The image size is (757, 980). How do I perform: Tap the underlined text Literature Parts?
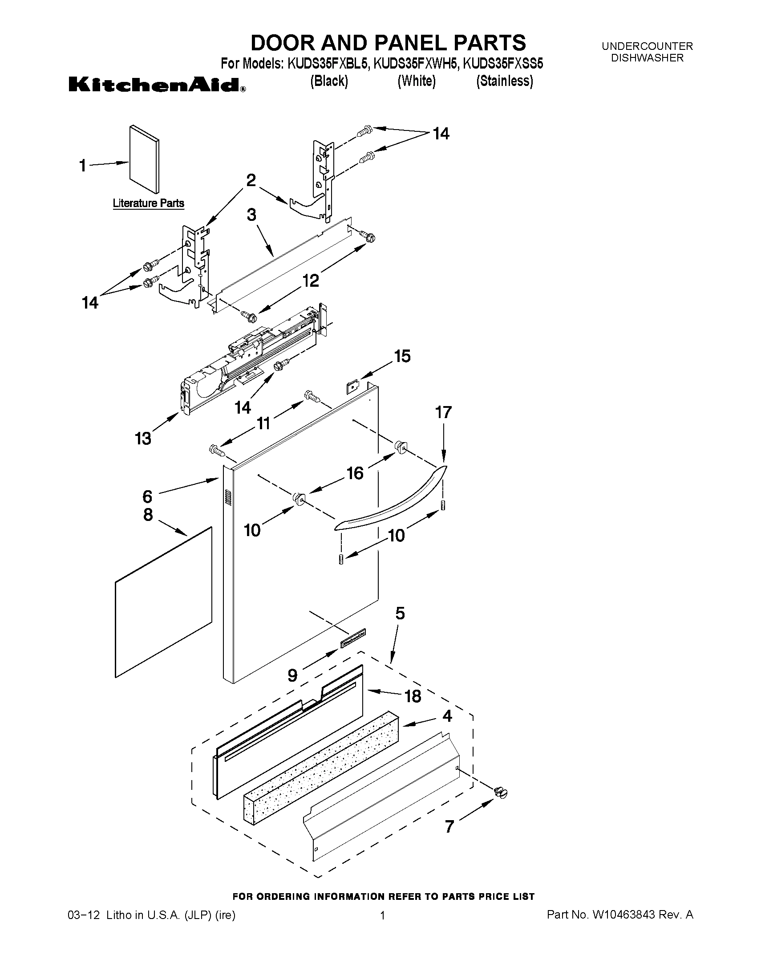point(149,203)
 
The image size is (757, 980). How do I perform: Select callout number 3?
point(251,215)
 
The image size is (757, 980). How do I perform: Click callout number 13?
point(143,439)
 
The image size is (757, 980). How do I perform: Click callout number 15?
point(402,356)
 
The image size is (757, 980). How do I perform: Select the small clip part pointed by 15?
point(353,386)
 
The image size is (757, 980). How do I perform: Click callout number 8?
point(148,514)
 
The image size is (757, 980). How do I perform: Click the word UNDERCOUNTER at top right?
point(647,46)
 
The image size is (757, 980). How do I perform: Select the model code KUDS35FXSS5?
point(502,64)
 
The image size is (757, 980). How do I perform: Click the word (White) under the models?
point(417,81)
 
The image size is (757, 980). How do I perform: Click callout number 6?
point(148,496)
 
